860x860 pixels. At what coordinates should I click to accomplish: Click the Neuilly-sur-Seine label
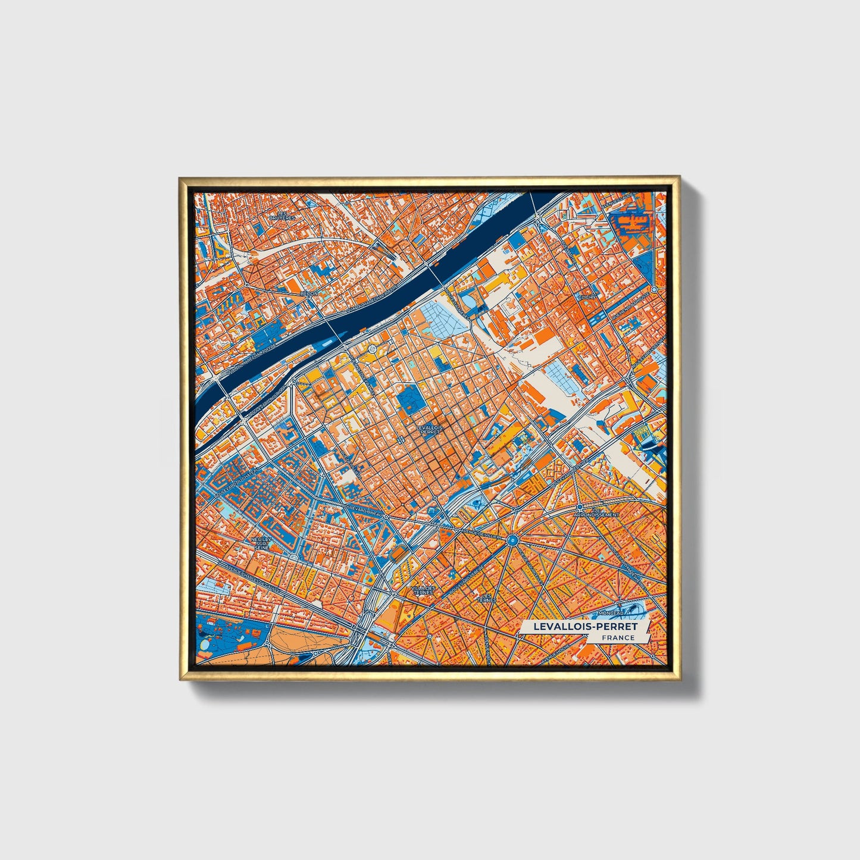(262, 542)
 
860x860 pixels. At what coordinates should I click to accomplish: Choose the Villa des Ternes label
(423, 590)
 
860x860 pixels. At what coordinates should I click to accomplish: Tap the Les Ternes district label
(488, 597)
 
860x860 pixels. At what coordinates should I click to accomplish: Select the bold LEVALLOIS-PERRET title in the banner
(585, 626)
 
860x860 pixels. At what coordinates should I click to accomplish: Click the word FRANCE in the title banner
(617, 637)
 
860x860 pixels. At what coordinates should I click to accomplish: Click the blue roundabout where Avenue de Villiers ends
(511, 540)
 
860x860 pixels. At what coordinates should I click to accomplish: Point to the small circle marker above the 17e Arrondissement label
(580, 506)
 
